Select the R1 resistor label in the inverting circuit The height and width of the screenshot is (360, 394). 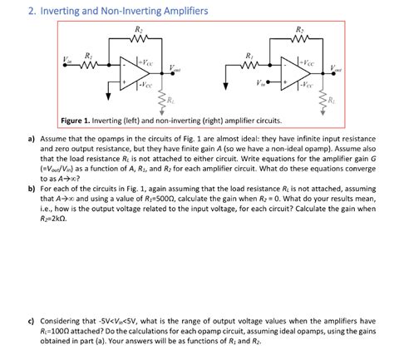coord(89,57)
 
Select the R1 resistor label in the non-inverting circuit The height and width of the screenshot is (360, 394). coord(248,57)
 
